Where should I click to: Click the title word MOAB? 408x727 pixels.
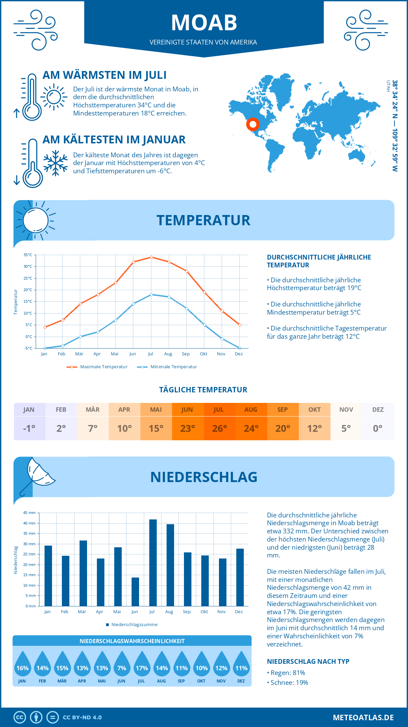pyautogui.click(x=204, y=23)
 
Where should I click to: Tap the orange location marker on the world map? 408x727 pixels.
pyautogui.click(x=253, y=124)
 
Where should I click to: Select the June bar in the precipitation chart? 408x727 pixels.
pyautogui.click(x=135, y=591)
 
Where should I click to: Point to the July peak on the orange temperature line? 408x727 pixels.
pyautogui.click(x=151, y=257)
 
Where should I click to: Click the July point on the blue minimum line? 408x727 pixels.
pyautogui.click(x=151, y=295)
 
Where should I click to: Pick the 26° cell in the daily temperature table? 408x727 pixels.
pyautogui.click(x=219, y=428)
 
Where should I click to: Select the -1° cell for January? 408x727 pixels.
pyautogui.click(x=29, y=428)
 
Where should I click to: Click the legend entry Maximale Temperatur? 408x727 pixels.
pyautogui.click(x=97, y=367)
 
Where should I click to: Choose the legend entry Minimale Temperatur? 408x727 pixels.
pyautogui.click(x=167, y=367)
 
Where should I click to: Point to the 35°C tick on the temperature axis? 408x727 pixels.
pyautogui.click(x=28, y=255)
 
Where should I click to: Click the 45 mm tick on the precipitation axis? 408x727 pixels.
pyautogui.click(x=29, y=513)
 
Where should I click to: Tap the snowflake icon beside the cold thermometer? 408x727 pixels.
pyautogui.click(x=55, y=163)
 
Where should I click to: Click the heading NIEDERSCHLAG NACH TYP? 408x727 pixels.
pyautogui.click(x=308, y=661)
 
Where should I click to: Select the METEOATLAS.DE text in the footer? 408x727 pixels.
pyautogui.click(x=363, y=717)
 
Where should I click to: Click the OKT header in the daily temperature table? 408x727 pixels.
pyautogui.click(x=314, y=410)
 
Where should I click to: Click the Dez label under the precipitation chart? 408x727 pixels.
pyautogui.click(x=239, y=611)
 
